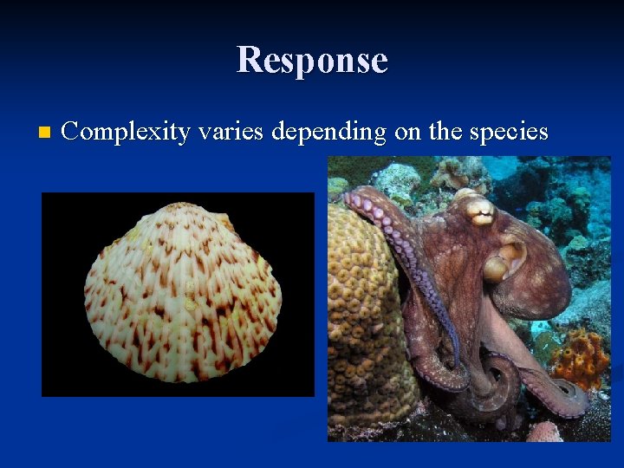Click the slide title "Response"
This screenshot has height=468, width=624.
point(312,60)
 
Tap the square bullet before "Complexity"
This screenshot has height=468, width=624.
point(45,133)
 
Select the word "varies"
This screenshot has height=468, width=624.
point(231,132)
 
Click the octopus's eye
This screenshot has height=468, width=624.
point(478,207)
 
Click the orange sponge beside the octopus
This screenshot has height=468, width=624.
point(579,356)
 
